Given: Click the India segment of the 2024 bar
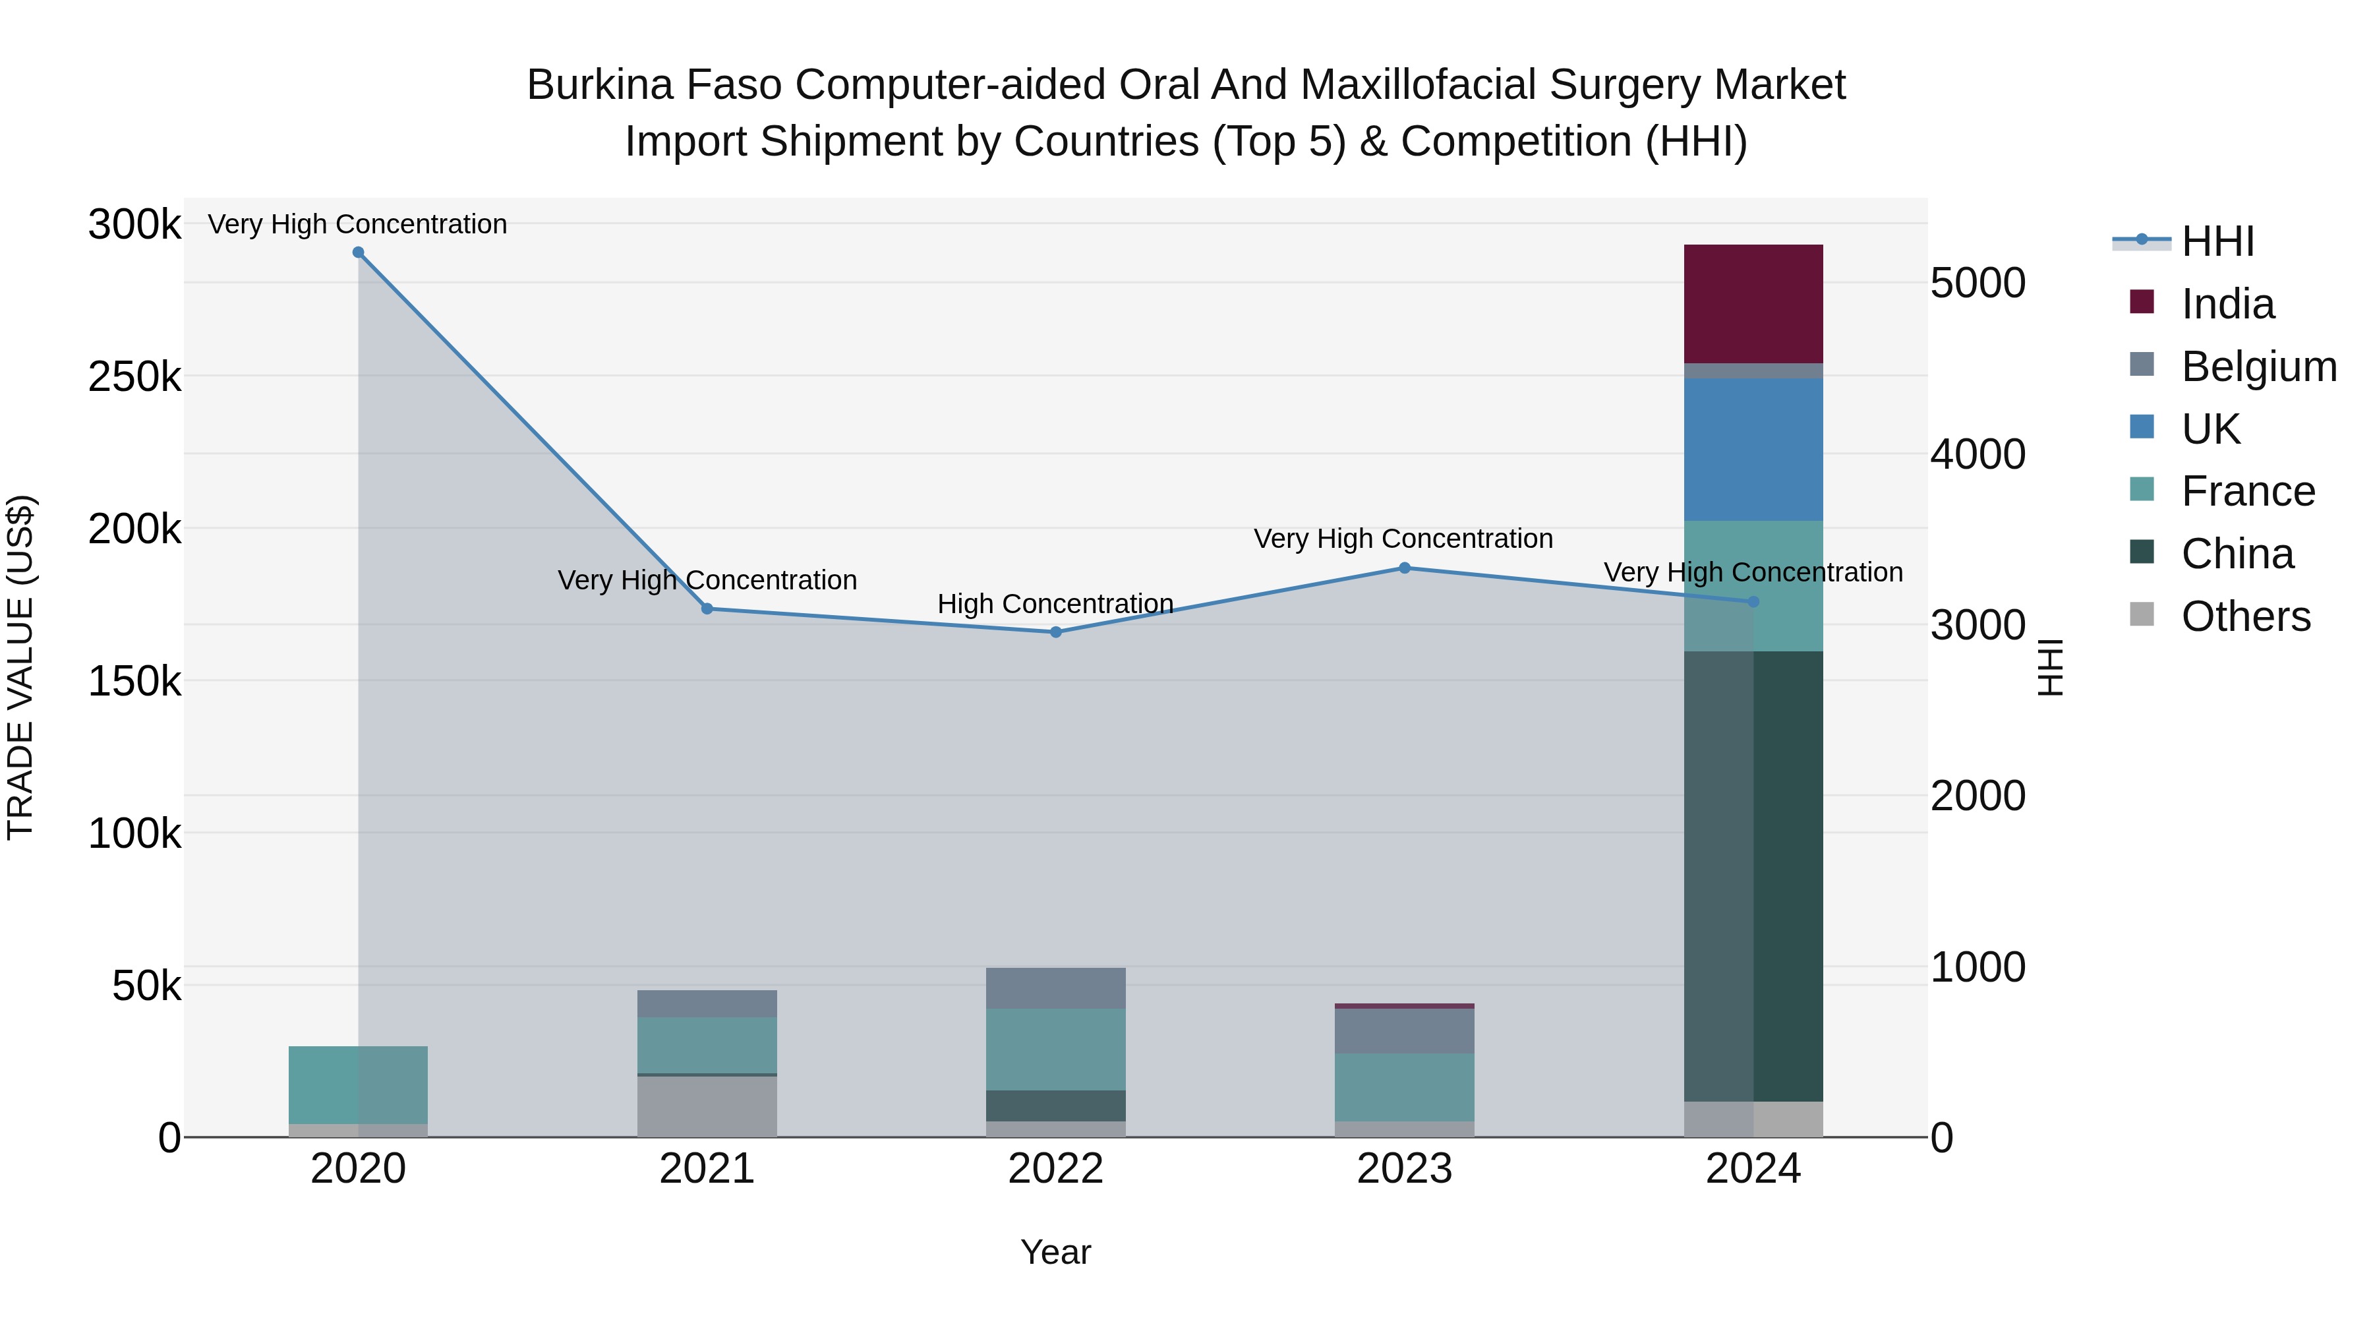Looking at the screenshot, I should pos(1753,303).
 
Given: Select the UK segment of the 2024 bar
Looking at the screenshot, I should pos(1753,449).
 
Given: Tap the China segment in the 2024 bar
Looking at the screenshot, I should pos(1753,875).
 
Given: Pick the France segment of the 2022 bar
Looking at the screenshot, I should pos(1056,1050).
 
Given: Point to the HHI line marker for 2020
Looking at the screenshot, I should pos(359,252).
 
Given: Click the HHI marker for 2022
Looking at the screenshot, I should pos(1056,632).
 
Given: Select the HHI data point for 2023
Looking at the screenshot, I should pos(1404,568).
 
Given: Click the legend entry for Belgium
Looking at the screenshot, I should pos(2258,367).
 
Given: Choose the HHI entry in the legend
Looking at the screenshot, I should pos(2217,241).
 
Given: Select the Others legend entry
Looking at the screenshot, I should pos(2245,616).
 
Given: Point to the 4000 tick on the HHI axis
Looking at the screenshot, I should pos(1977,454).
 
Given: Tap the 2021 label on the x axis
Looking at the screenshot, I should pos(707,1169).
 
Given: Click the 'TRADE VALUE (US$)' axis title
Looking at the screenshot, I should pos(21,667).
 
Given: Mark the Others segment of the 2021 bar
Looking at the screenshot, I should pos(707,1106).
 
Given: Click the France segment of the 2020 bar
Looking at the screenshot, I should pos(359,1084).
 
